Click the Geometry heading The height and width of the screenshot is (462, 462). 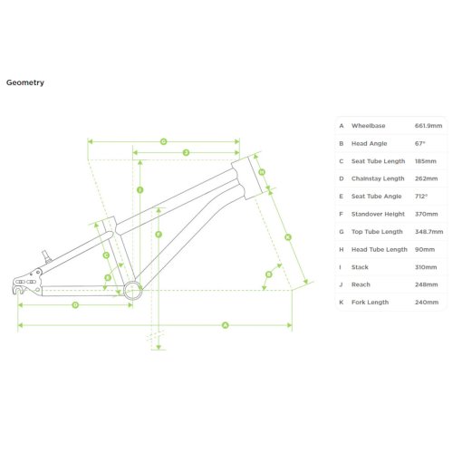(x=25, y=82)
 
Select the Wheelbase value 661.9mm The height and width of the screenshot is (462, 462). (x=428, y=126)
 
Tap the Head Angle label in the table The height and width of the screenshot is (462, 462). (x=369, y=143)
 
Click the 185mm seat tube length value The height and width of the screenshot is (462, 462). (x=426, y=161)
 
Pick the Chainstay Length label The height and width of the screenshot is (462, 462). (x=378, y=178)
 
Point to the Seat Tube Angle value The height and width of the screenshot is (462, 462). (x=421, y=197)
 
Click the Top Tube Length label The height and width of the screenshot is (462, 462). (x=377, y=232)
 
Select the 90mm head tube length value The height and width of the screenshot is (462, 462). (x=425, y=249)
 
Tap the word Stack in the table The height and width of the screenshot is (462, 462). (x=360, y=267)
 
